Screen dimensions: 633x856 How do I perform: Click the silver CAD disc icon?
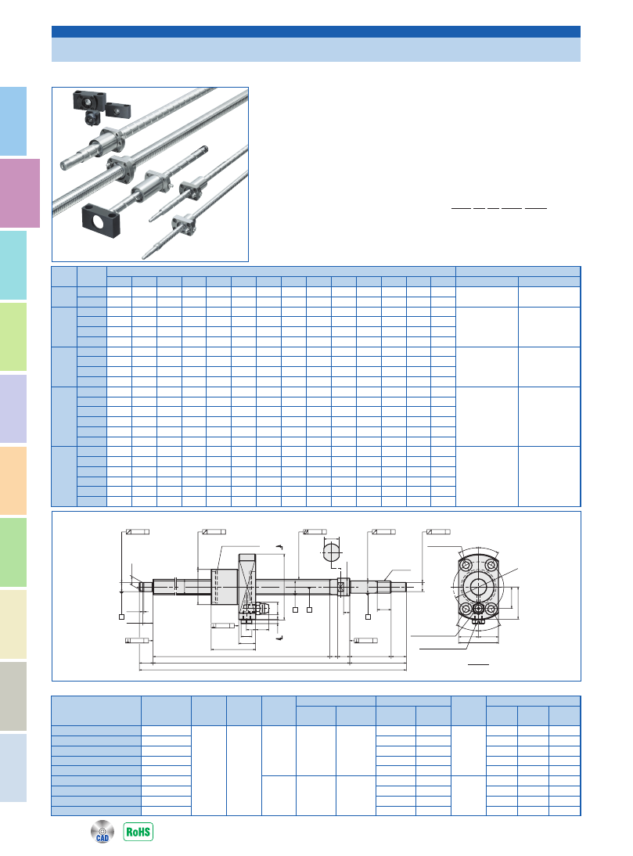coord(102,832)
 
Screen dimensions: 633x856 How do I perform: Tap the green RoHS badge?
coord(138,832)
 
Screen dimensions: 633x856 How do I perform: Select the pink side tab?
coord(20,193)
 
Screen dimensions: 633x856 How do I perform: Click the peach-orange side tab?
coord(13,480)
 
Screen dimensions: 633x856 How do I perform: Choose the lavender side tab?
coord(13,408)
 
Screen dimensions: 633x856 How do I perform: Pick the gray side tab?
coord(13,696)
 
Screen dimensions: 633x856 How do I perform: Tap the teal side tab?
coord(13,264)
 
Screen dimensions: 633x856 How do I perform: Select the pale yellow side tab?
coord(13,624)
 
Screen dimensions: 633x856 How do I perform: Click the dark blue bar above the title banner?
coord(316,31)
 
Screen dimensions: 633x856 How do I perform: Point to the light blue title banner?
coord(316,49)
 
